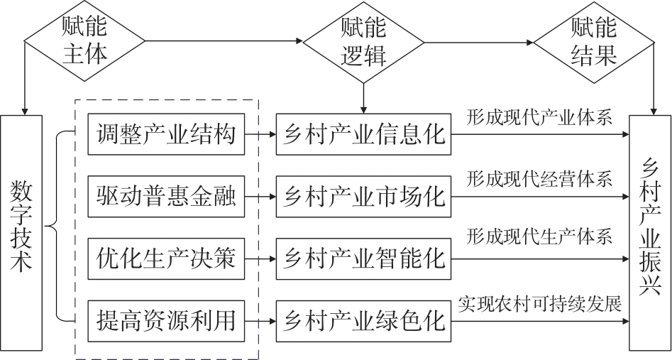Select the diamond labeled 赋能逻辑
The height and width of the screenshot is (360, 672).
point(363,41)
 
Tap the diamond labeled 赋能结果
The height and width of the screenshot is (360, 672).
point(593,41)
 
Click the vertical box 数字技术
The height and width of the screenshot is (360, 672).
point(23,230)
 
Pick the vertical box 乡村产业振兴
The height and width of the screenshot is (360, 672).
point(650,230)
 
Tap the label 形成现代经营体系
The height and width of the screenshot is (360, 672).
point(539,178)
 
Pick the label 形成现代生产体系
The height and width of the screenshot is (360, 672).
point(539,239)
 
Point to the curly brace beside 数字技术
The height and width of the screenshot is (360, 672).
point(57,227)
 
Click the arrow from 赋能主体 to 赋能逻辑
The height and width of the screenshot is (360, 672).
point(220,41)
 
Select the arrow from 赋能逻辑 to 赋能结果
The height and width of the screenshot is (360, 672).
point(479,41)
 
